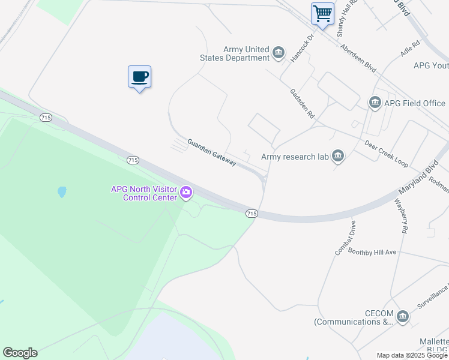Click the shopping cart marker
[323, 13]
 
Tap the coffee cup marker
[139, 77]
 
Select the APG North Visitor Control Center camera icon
[186, 193]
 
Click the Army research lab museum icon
[338, 157]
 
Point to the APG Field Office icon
[375, 103]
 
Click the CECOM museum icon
[402, 316]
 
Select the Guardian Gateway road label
[211, 152]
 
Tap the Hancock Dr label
[303, 47]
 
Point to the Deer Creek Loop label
[386, 153]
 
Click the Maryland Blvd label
[415, 178]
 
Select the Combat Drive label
[346, 238]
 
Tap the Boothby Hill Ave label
[372, 253]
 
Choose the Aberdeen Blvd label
[358, 58]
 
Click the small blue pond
[61, 193]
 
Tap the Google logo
[20, 353]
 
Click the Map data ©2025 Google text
[412, 355]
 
